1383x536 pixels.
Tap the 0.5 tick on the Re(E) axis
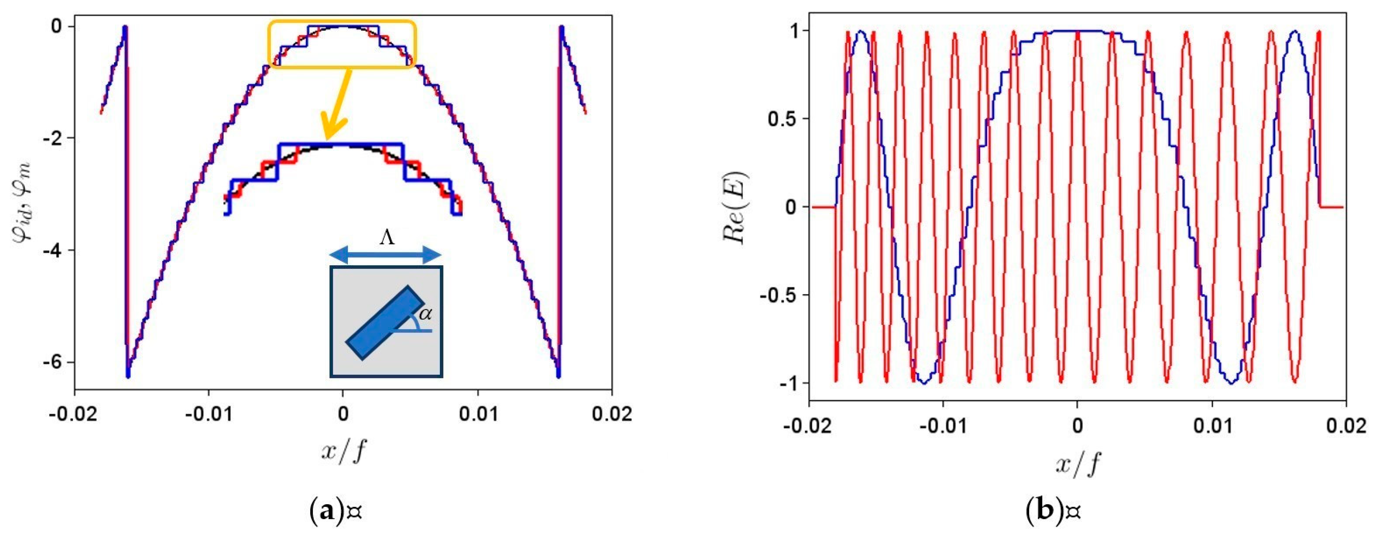tap(783, 119)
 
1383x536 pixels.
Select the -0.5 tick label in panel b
tap(780, 295)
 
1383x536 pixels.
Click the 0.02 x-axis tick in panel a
tap(612, 414)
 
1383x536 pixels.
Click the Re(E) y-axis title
tap(736, 208)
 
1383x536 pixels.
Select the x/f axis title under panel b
tap(1077, 463)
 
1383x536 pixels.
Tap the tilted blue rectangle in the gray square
tap(386, 322)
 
